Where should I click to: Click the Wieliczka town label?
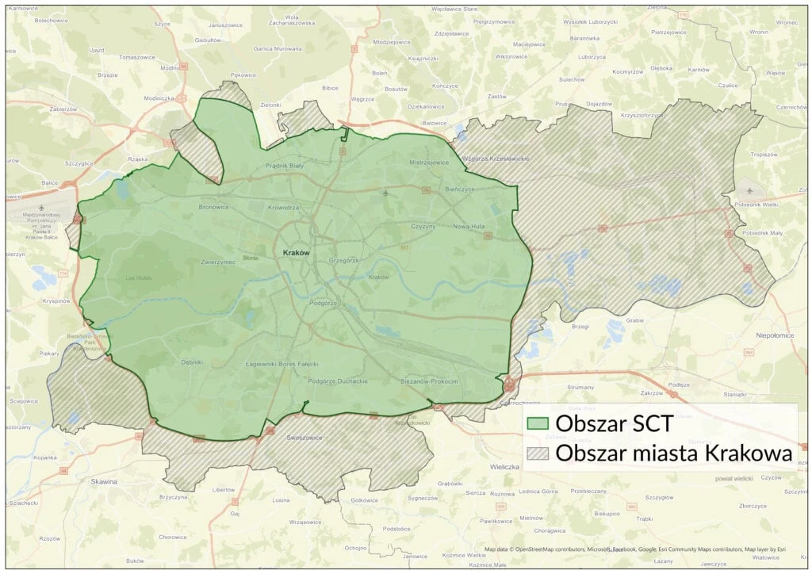pyautogui.click(x=504, y=467)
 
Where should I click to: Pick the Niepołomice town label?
pyautogui.click(x=775, y=335)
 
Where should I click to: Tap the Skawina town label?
pyautogui.click(x=104, y=481)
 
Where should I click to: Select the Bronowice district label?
pyautogui.click(x=214, y=207)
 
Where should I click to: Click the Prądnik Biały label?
pyautogui.click(x=285, y=166)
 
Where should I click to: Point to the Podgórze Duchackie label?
pyautogui.click(x=338, y=381)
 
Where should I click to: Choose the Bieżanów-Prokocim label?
pyautogui.click(x=430, y=381)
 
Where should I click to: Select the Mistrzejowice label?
pyautogui.click(x=429, y=162)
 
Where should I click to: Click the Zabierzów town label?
pyautogui.click(x=63, y=109)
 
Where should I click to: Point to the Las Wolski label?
pyautogui.click(x=140, y=278)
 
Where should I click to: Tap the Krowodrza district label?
pyautogui.click(x=283, y=207)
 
